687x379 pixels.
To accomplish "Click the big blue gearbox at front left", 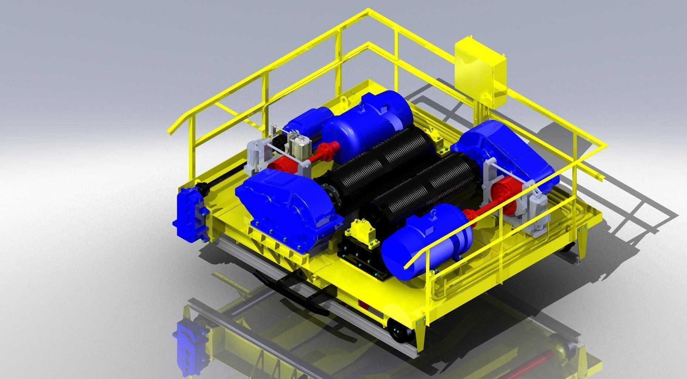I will (x=287, y=207).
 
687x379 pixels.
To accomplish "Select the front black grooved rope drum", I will (x=418, y=188).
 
